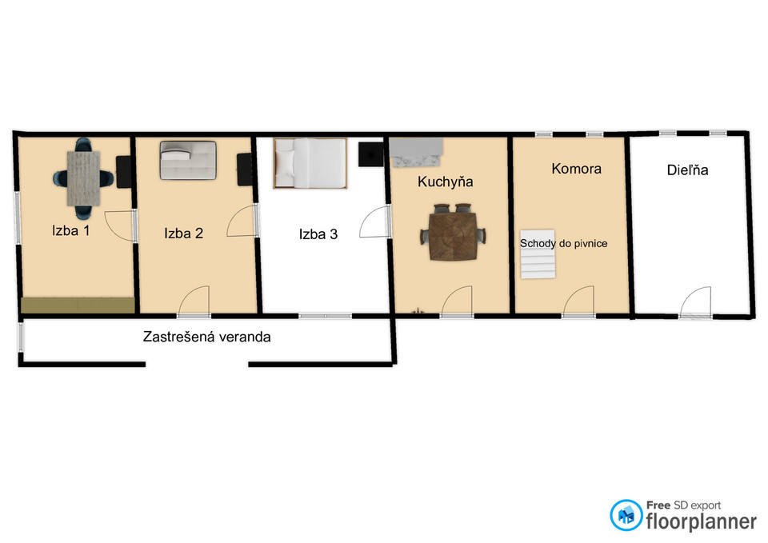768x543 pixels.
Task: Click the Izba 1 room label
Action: point(70,230)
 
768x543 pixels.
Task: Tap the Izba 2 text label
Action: point(184,233)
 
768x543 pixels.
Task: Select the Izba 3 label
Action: point(318,234)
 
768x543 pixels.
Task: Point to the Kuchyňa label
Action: point(446,182)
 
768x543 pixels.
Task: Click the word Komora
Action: point(577,169)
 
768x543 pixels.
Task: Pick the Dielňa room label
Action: point(688,170)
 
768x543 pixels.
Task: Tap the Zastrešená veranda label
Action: point(206,337)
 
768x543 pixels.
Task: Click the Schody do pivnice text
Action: point(564,243)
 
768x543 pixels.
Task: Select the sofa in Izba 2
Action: point(188,160)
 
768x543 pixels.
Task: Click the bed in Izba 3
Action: point(310,163)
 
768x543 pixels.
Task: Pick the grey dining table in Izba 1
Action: point(84,178)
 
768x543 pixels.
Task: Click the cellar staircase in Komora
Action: point(538,254)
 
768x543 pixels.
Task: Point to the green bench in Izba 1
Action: point(78,305)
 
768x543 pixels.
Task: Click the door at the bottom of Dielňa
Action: point(695,302)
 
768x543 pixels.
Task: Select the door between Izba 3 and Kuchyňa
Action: point(375,222)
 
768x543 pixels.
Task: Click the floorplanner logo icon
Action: point(626,515)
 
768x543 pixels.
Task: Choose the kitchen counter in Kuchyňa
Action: point(416,152)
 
